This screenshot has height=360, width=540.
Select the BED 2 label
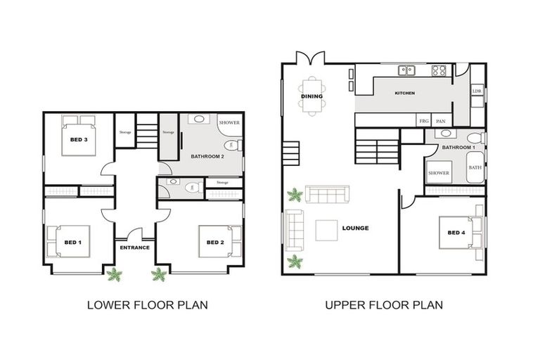pos(215,242)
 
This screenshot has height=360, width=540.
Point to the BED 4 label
pos(456,233)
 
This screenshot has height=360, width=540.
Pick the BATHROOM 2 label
pos(207,156)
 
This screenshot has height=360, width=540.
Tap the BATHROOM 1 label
pos(458,147)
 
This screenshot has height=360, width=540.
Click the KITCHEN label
pos(404,93)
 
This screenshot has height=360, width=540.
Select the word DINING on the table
pos(312,96)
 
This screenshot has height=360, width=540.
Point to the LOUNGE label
pos(355,228)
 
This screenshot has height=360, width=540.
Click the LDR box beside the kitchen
pos(477,91)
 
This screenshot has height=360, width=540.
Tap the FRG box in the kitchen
pos(424,121)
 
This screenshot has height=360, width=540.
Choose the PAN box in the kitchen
pos(442,121)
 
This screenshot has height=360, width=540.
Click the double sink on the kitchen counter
pos(406,70)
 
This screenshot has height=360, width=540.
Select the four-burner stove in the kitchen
pos(439,70)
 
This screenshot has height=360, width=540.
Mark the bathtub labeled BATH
pos(475,167)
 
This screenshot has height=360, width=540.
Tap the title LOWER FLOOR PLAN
pos(146,305)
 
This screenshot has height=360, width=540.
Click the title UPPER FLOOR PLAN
pos(383,305)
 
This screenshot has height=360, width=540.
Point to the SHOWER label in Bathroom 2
pos(229,122)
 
